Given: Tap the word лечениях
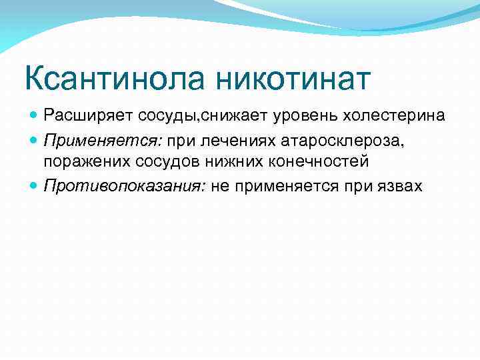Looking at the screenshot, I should pyautogui.click(x=229, y=139).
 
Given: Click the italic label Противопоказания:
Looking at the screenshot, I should pyautogui.click(x=124, y=185).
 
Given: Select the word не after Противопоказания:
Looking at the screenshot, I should pyautogui.click(x=220, y=185).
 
